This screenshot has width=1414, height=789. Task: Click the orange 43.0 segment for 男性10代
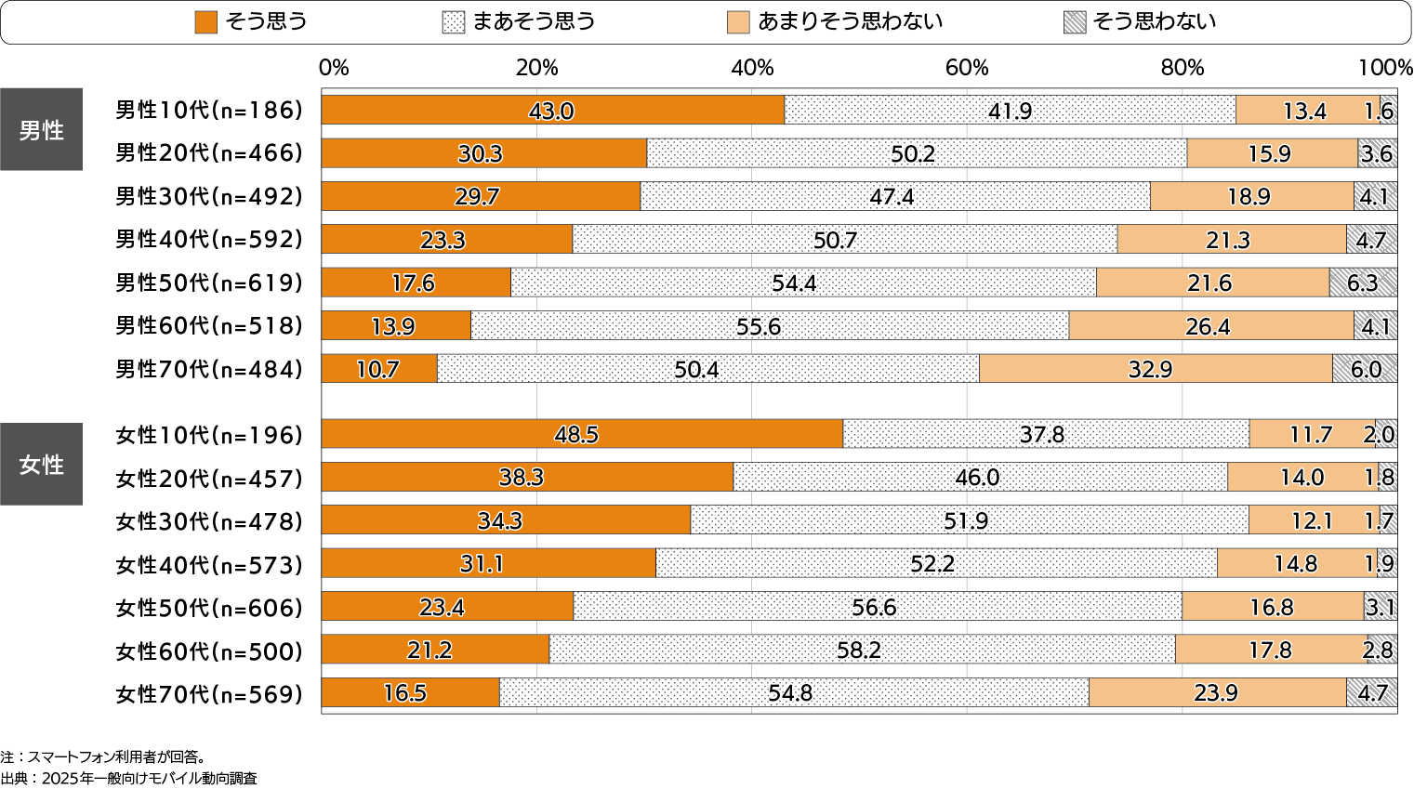pyautogui.click(x=552, y=110)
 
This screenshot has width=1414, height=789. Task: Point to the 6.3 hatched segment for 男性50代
pyautogui.click(x=1363, y=283)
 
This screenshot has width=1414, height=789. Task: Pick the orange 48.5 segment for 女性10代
pyautogui.click(x=581, y=434)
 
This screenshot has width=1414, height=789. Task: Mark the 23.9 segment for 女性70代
pyautogui.click(x=1217, y=692)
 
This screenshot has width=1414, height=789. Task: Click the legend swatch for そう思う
pyautogui.click(x=205, y=22)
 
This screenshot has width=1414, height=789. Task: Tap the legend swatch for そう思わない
pyautogui.click(x=1075, y=22)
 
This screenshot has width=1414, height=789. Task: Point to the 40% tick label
pyautogui.click(x=752, y=68)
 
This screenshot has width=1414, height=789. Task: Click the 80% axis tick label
pyautogui.click(x=1182, y=68)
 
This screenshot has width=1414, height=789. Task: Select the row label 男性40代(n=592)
pyautogui.click(x=209, y=239)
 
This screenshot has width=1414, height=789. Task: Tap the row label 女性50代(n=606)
pyautogui.click(x=209, y=608)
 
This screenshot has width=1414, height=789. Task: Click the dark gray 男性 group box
pyautogui.click(x=42, y=130)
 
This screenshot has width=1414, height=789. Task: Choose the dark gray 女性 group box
pyautogui.click(x=42, y=464)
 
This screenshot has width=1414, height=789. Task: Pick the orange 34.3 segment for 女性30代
pyautogui.click(x=505, y=520)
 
